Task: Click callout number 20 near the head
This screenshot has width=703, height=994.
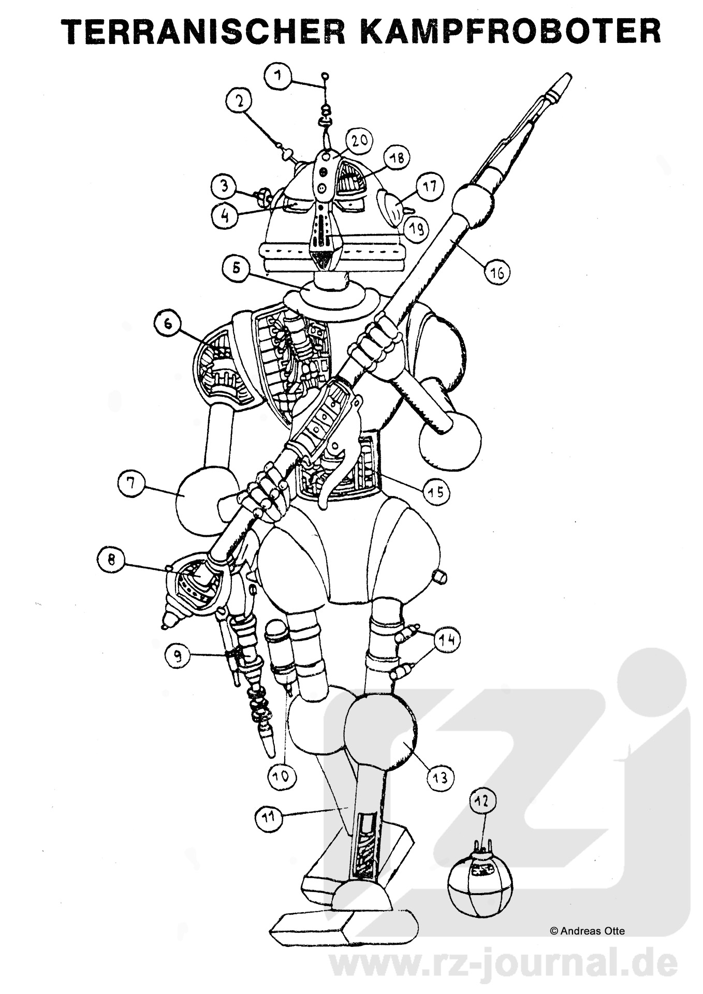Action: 360,141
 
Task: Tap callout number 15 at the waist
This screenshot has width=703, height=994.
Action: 436,490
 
